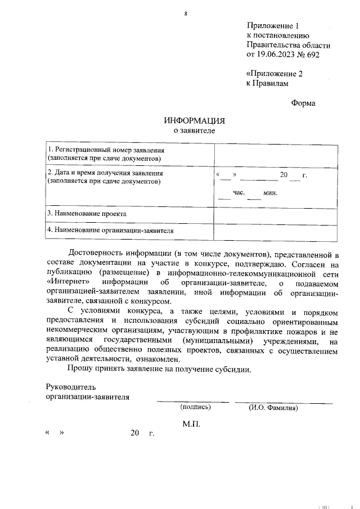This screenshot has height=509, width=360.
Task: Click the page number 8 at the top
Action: coord(185,13)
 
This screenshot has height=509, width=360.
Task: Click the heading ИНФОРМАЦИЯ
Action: coord(194,121)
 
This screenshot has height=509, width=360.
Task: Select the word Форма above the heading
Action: coord(303,103)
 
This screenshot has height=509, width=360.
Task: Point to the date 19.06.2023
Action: coord(276,55)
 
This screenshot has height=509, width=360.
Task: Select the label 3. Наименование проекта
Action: coord(87,214)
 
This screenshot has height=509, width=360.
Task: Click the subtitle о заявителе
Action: coord(194,130)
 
